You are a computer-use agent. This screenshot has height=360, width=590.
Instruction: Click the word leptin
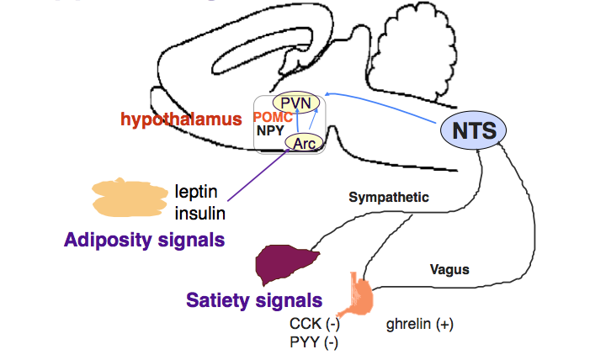[x=194, y=192]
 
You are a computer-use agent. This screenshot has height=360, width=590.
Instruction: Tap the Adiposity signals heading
[x=144, y=240]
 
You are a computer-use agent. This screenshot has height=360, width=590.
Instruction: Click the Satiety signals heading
[x=254, y=299]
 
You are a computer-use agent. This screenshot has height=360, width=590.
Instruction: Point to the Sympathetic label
[x=389, y=198]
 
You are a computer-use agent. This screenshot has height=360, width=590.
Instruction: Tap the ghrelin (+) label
[x=418, y=323]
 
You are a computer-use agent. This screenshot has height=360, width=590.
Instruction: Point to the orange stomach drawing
[x=359, y=294]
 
